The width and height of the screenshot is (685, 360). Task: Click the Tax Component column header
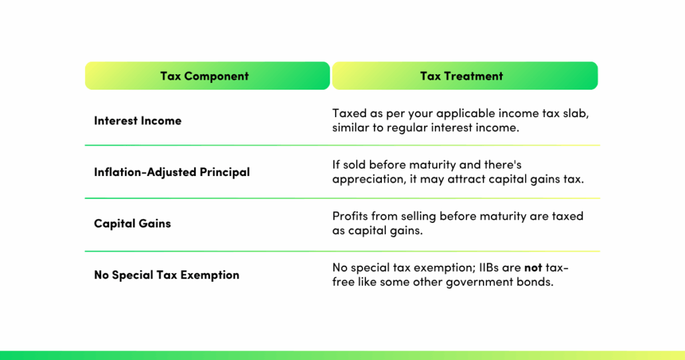204,76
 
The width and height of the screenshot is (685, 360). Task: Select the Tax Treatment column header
462,76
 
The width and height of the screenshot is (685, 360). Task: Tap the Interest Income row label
138,121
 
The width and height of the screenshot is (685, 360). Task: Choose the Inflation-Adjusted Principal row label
172,172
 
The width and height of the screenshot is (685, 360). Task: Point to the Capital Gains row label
132,223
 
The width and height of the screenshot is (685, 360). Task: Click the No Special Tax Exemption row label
167,275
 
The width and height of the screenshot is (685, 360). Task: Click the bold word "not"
532,268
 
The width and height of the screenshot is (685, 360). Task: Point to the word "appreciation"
365,180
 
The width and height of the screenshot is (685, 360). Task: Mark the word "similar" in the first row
351,127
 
